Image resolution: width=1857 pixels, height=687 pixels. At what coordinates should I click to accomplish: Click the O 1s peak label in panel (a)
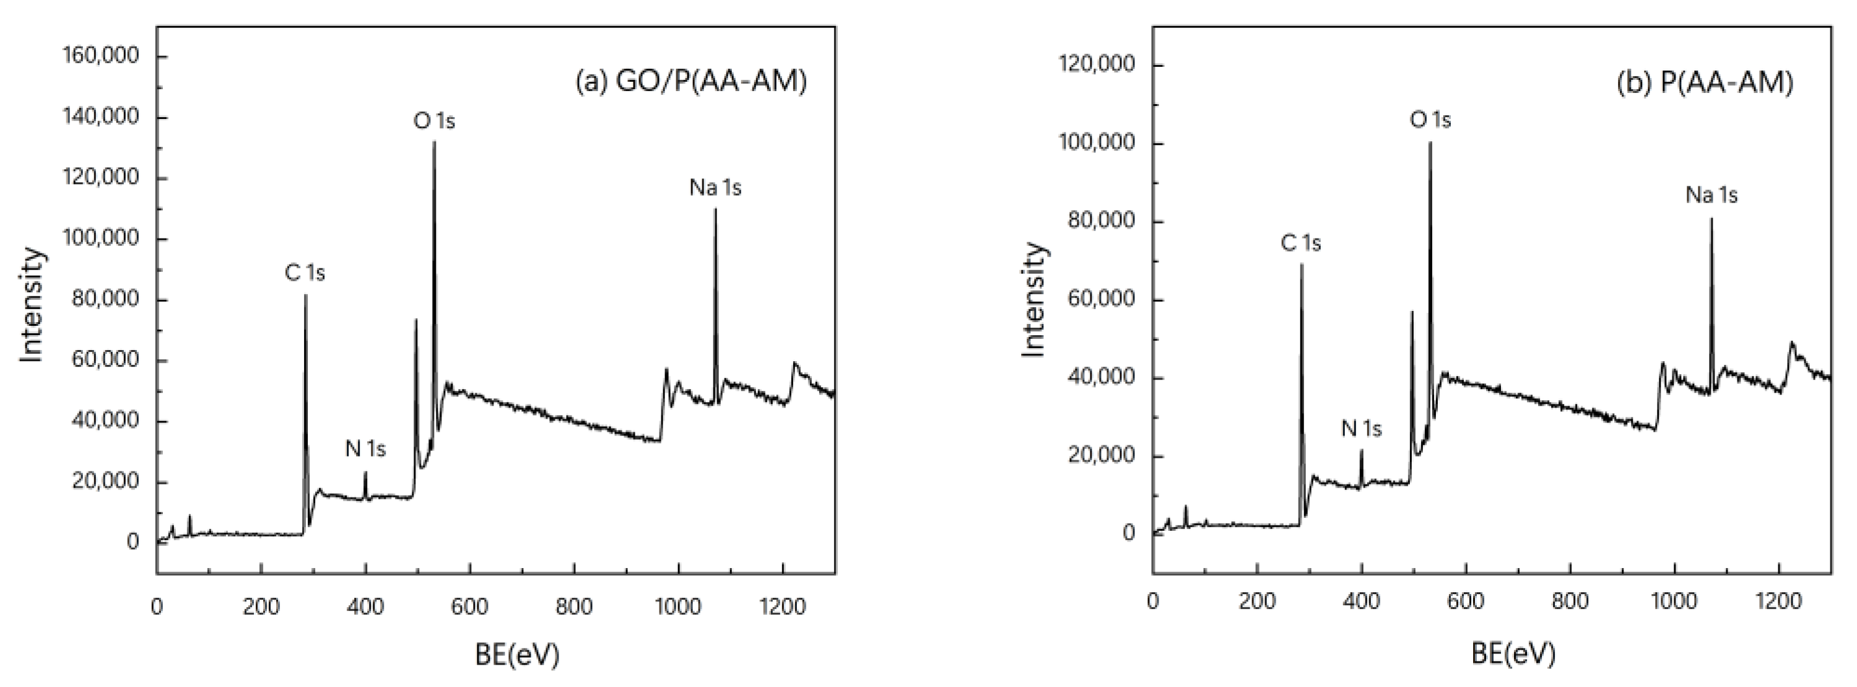pyautogui.click(x=434, y=121)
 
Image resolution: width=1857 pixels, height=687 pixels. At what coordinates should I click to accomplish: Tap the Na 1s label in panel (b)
pyautogui.click(x=1711, y=195)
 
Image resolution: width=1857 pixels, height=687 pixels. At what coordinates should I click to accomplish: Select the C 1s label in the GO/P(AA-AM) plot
pyautogui.click(x=305, y=273)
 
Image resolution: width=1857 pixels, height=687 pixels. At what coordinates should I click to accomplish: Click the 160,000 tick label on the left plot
pyautogui.click(x=101, y=56)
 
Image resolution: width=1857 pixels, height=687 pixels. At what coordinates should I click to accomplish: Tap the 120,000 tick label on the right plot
pyautogui.click(x=1097, y=65)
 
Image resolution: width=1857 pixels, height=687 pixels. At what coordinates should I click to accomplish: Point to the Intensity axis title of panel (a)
pyautogui.click(x=32, y=304)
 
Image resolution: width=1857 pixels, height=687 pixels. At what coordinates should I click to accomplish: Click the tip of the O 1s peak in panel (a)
pyautogui.click(x=434, y=142)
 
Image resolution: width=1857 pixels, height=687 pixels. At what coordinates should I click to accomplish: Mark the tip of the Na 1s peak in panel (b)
pyautogui.click(x=1711, y=219)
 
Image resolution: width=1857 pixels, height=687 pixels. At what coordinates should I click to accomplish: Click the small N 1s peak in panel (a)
pyautogui.click(x=365, y=472)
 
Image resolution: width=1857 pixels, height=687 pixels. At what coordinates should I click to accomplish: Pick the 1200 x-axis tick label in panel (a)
pyautogui.click(x=783, y=607)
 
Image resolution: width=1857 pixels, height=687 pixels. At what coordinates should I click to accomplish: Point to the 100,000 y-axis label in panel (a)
pyautogui.click(x=101, y=238)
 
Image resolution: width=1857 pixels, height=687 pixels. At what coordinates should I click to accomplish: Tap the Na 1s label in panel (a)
pyautogui.click(x=715, y=188)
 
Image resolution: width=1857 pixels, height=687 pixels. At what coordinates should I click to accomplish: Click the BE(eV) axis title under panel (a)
pyautogui.click(x=517, y=655)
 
